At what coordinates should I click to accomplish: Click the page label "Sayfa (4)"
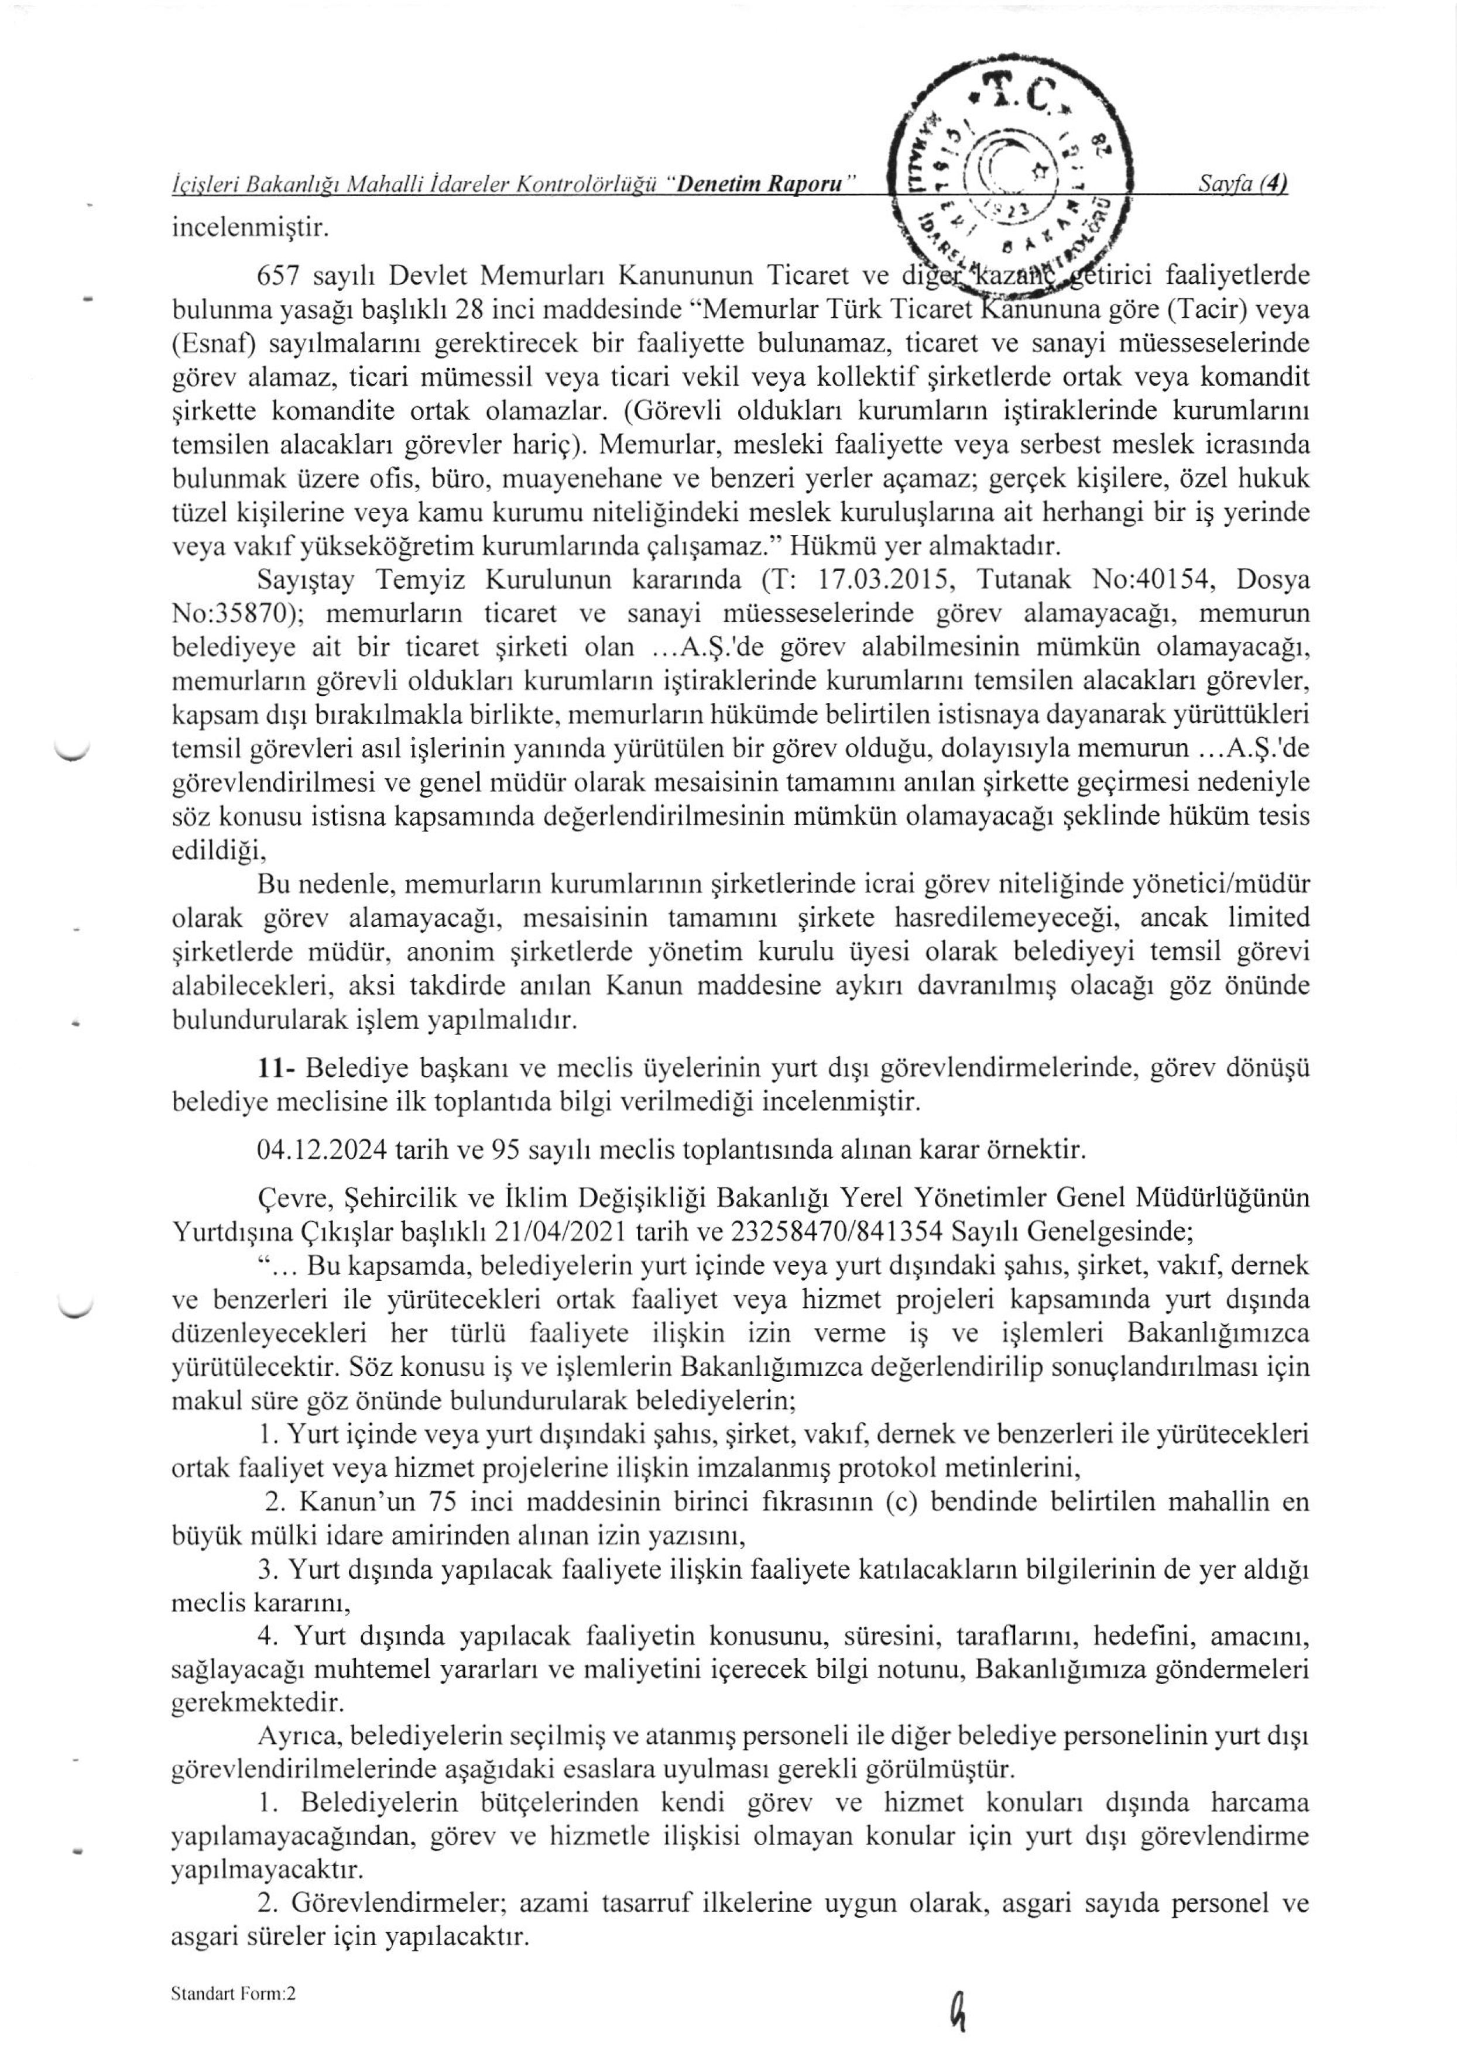(x=1243, y=184)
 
